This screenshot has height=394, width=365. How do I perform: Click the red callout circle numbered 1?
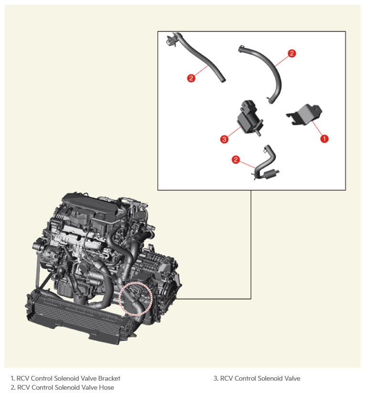(324, 138)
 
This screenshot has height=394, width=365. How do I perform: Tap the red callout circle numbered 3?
(224, 139)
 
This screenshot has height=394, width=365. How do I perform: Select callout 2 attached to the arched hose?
(292, 53)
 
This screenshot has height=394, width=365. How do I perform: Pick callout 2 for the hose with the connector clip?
(191, 78)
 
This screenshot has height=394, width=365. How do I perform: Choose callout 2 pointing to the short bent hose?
(236, 159)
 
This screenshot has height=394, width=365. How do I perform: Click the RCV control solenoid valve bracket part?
(305, 114)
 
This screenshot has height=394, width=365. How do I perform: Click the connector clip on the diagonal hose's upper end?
(171, 40)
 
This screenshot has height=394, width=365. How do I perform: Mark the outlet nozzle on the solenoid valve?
(258, 132)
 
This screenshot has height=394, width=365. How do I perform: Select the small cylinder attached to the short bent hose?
(271, 173)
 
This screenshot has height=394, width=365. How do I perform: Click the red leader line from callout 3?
(234, 132)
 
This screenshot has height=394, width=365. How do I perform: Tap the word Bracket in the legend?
(109, 378)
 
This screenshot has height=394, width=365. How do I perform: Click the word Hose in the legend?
(106, 387)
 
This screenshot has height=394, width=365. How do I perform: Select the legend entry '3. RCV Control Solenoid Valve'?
(257, 378)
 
